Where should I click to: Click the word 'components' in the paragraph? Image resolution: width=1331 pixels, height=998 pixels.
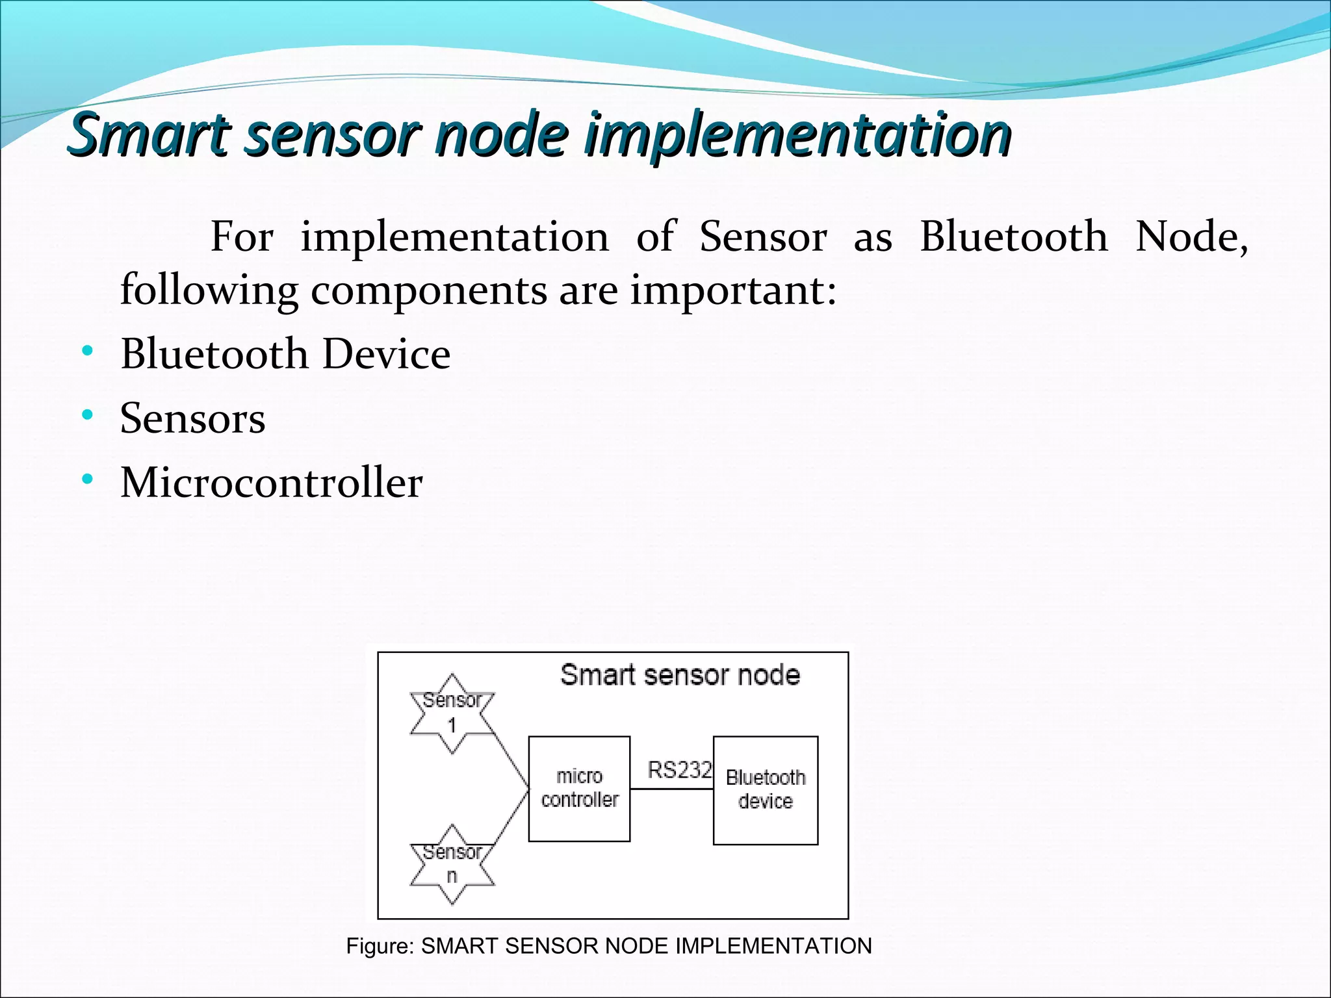[429, 290]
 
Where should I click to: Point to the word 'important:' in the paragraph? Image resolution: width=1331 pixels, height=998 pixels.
[733, 290]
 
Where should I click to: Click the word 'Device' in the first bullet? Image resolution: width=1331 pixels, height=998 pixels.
[386, 354]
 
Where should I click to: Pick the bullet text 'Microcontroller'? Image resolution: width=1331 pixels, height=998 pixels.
[272, 483]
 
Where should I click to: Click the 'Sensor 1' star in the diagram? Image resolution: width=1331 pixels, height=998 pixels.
[452, 714]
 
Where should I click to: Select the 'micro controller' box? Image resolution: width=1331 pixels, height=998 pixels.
[579, 789]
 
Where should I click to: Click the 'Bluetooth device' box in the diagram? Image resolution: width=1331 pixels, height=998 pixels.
[766, 790]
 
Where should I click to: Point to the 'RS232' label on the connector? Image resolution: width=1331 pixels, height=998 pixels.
[679, 770]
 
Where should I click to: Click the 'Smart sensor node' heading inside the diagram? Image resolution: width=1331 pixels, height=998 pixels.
[680, 675]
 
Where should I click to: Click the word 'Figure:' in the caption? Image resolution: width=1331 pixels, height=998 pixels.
[380, 946]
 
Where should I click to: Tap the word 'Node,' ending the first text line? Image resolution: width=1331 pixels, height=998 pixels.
[1191, 237]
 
